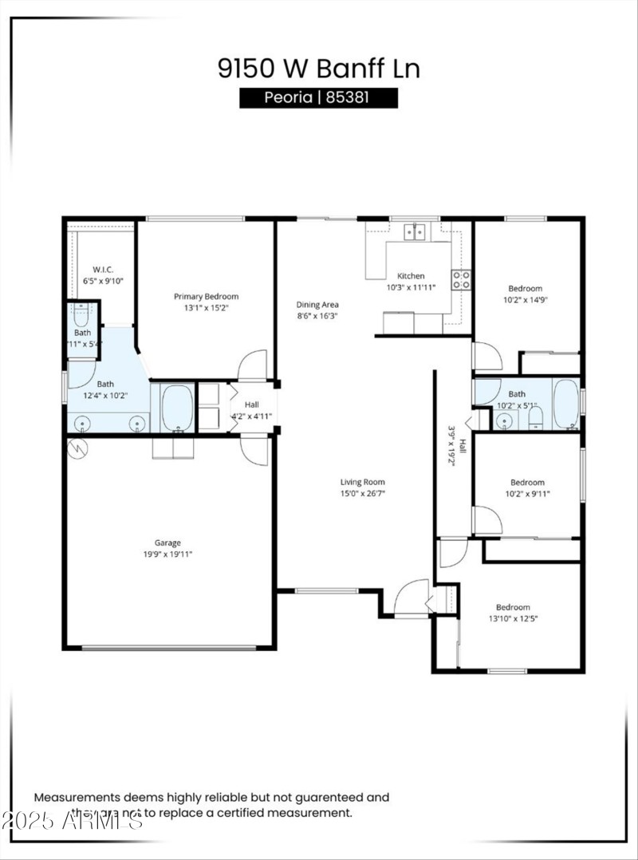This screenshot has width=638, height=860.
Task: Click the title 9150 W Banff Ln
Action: (318, 68)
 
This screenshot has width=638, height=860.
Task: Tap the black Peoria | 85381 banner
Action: (318, 98)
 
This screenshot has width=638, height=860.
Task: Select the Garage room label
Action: (167, 543)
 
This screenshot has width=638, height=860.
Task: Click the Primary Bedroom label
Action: (206, 296)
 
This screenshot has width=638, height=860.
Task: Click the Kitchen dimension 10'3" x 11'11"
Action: (411, 287)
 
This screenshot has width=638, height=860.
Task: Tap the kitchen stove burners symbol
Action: (461, 279)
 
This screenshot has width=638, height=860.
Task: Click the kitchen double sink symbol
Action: (414, 232)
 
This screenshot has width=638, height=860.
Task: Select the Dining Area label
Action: (318, 304)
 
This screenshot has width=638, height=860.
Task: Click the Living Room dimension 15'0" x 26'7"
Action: (363, 494)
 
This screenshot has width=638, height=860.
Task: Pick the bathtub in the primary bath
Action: (177, 408)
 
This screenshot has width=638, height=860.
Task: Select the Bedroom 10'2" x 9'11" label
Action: (527, 483)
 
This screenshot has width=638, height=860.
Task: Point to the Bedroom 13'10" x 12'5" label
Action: (513, 607)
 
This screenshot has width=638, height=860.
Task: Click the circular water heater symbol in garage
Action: (78, 448)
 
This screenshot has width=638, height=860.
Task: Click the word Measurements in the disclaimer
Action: (77, 797)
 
